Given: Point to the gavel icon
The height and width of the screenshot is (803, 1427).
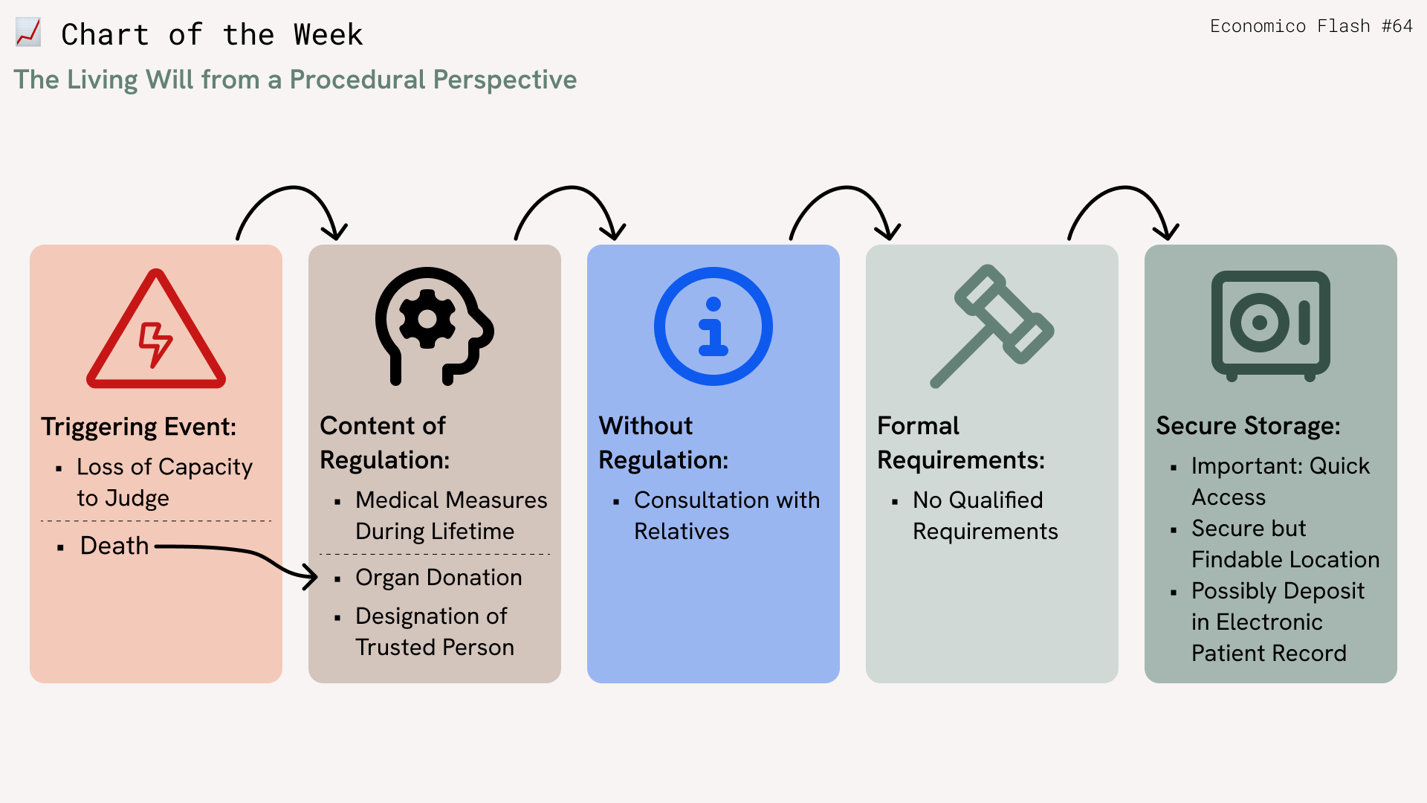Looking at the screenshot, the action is pos(992,326).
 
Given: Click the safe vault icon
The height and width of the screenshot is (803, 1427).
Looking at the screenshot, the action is pos(1271,326).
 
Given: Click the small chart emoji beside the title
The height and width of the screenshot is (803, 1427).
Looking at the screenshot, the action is pos(28,33).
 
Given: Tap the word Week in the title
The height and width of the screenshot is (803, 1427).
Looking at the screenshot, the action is pos(328,35).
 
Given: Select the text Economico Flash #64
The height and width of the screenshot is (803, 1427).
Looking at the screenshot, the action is pos(1311,26).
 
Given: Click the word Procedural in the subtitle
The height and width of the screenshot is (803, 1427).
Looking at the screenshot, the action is pos(357,80).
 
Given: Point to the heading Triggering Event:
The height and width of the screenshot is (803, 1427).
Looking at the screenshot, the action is pos(139,427).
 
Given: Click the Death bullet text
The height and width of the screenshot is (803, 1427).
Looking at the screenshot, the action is pos(114,546).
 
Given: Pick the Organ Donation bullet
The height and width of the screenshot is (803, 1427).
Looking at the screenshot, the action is pos(439,578).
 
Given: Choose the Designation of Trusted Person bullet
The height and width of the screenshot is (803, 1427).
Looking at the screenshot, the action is pos(435,632).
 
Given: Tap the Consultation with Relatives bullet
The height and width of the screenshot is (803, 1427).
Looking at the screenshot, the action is pos(727,516).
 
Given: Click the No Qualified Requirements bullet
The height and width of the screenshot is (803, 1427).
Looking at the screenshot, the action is pos(986,516).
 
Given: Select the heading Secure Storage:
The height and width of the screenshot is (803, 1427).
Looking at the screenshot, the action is pos(1249,426).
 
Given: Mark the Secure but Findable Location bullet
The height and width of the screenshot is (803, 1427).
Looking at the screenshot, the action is pos(1286,544).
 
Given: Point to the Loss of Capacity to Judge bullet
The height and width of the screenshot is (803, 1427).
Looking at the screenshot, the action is pos(165,483).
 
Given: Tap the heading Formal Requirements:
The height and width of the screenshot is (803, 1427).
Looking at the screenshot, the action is pos(961,443).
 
